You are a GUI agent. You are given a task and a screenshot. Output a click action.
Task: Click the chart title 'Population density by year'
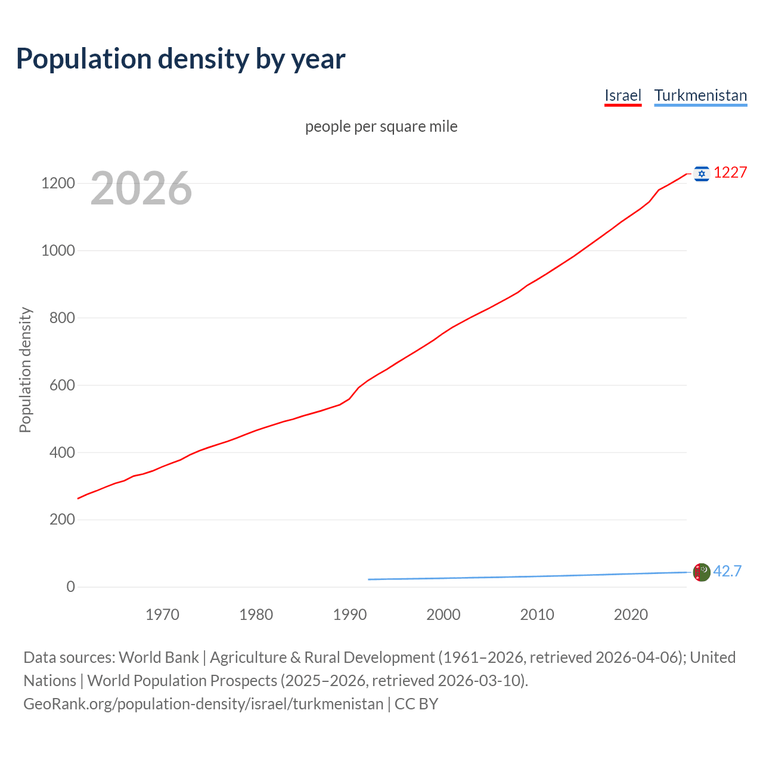pyautogui.click(x=181, y=59)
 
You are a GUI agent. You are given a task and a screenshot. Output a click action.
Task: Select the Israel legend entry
pyautogui.click(x=622, y=95)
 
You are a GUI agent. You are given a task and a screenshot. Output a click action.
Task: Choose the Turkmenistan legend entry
pyautogui.click(x=700, y=95)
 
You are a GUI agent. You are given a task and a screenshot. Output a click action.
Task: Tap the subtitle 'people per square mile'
pyautogui.click(x=381, y=127)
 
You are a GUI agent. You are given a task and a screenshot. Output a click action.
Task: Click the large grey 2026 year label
pyautogui.click(x=141, y=188)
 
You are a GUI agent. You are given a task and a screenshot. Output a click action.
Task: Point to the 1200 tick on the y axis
pyautogui.click(x=58, y=183)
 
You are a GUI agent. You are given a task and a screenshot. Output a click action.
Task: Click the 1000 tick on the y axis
pyautogui.click(x=58, y=250)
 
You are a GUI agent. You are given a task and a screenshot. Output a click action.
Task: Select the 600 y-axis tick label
pyautogui.click(x=62, y=385)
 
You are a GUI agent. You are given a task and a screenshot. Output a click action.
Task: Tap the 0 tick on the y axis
pyautogui.click(x=71, y=587)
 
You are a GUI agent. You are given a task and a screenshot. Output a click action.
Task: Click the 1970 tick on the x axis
pyautogui.click(x=162, y=615)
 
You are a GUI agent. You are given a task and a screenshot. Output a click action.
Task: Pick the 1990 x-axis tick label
pyautogui.click(x=350, y=615)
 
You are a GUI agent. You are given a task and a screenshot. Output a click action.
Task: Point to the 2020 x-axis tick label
pyautogui.click(x=631, y=615)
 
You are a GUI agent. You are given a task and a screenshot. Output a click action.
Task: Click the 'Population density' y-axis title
pyautogui.click(x=25, y=370)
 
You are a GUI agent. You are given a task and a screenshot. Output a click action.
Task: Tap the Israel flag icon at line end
pyautogui.click(x=702, y=173)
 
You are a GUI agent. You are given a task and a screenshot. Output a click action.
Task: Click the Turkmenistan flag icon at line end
pyautogui.click(x=702, y=572)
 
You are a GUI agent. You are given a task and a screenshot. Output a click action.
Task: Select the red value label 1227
pyautogui.click(x=730, y=172)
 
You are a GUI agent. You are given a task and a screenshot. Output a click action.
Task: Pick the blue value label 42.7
pyautogui.click(x=727, y=571)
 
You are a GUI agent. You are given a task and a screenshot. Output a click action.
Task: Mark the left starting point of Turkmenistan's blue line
pyautogui.click(x=368, y=579)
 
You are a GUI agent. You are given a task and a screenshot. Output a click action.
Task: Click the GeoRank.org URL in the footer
pyautogui.click(x=203, y=704)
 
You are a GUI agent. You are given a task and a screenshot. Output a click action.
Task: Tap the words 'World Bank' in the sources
pyautogui.click(x=159, y=657)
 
